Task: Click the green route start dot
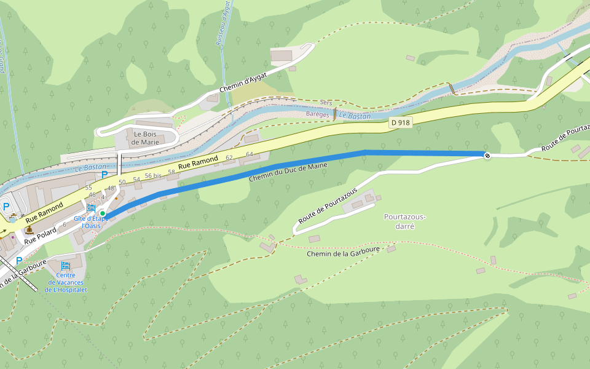[x=103, y=213]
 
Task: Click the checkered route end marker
[x=487, y=156]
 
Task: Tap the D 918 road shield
[x=400, y=123]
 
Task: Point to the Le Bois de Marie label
[x=145, y=138]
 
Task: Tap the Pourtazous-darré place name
[x=404, y=221]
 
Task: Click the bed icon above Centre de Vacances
[x=66, y=266]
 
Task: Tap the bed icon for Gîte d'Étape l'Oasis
[x=92, y=208]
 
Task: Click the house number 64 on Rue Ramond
[x=249, y=154]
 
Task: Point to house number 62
[x=229, y=158]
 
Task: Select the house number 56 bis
[x=152, y=176]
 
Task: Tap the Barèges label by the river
[x=318, y=114]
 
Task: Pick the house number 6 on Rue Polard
[x=64, y=224]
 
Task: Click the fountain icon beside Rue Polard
[x=29, y=230]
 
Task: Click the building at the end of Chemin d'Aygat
[x=281, y=55]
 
